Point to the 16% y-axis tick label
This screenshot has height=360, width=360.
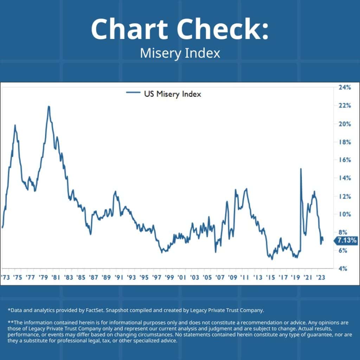pyautogui.click(x=345, y=160)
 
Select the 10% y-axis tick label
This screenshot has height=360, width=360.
pyautogui.click(x=345, y=214)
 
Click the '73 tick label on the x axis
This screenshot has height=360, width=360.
pyautogui.click(x=5, y=277)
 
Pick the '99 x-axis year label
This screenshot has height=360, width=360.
pyautogui.click(x=169, y=277)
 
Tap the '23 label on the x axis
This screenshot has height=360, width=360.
pyautogui.click(x=320, y=277)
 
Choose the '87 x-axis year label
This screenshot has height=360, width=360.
pyautogui.click(x=94, y=277)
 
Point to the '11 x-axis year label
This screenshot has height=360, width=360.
pyautogui.click(x=245, y=277)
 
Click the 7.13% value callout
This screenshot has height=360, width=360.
pyautogui.click(x=347, y=241)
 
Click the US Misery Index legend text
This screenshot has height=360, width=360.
pyautogui.click(x=172, y=94)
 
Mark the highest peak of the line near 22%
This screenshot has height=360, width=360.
pyautogui.click(x=49, y=107)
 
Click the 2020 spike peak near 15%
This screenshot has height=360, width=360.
pyautogui.click(x=301, y=169)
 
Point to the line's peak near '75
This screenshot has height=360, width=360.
pyautogui.click(x=15, y=126)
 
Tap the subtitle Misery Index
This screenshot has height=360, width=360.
pyautogui.click(x=180, y=53)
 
